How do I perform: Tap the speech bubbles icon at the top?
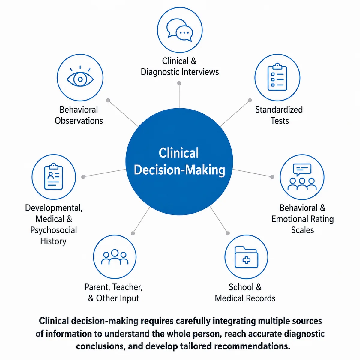point(180,30)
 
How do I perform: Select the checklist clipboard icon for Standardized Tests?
point(277,77)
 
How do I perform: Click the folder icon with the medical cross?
point(246,257)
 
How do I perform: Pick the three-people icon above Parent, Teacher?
point(115,257)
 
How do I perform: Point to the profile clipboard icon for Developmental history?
point(54,176)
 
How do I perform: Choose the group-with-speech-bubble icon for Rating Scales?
point(302,177)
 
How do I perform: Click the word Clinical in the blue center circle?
point(179,153)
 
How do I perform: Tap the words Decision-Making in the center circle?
point(179,170)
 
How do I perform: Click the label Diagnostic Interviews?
point(180,72)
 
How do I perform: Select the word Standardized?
point(279,110)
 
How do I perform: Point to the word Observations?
point(79,121)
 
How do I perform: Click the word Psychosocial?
point(54,230)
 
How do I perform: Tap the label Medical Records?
point(245,298)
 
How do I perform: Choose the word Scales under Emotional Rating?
point(302,230)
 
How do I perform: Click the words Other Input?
point(118,298)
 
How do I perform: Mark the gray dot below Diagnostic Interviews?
point(179,83)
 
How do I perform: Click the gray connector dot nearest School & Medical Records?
point(228,233)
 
